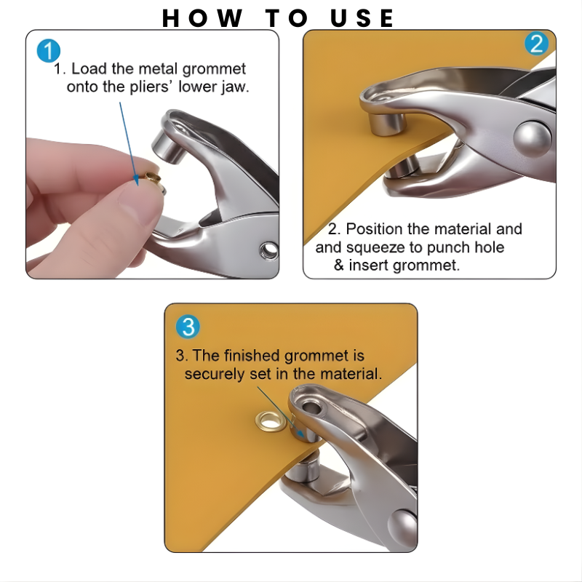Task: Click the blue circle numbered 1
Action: coord(48,51)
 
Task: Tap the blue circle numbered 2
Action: coord(536,44)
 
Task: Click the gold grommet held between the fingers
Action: coord(152,178)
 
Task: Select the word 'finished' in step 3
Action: coord(250,356)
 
